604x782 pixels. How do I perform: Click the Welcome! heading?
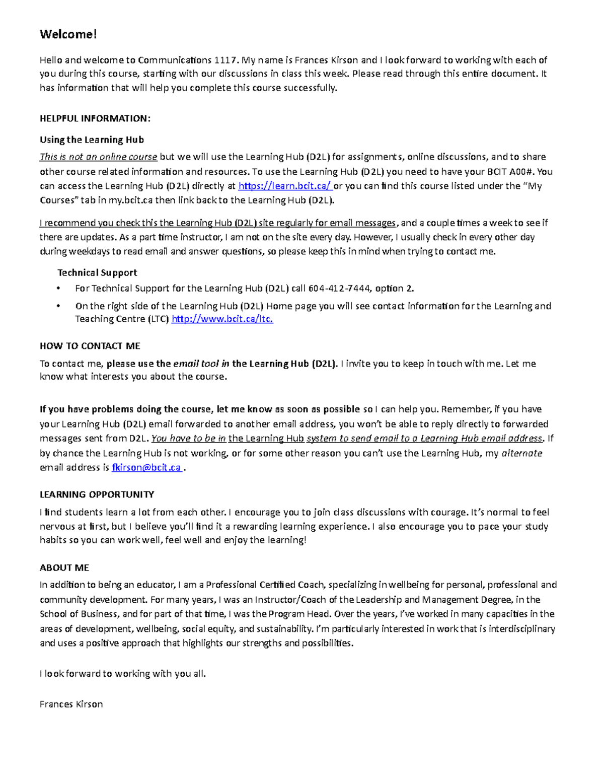click(68, 34)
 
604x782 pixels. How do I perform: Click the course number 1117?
click(225, 60)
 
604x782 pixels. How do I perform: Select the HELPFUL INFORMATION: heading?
click(95, 118)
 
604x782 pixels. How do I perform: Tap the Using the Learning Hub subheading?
click(92, 139)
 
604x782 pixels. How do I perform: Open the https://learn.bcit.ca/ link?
click(284, 186)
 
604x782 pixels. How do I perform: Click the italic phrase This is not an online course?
click(98, 157)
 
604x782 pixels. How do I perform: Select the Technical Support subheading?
click(97, 272)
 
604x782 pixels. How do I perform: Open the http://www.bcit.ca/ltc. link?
click(222, 319)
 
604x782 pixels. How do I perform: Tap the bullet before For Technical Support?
click(59, 289)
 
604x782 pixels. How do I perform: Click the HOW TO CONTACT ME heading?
click(90, 346)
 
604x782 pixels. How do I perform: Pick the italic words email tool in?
click(201, 364)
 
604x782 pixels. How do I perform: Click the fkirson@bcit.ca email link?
click(146, 467)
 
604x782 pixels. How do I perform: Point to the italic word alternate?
click(521, 453)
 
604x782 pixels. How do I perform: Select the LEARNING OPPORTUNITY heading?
click(97, 494)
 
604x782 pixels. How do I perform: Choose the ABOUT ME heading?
click(64, 567)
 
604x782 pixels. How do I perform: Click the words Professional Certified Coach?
click(265, 585)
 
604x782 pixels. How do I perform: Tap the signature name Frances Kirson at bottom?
click(71, 704)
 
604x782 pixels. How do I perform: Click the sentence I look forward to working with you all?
click(123, 673)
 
